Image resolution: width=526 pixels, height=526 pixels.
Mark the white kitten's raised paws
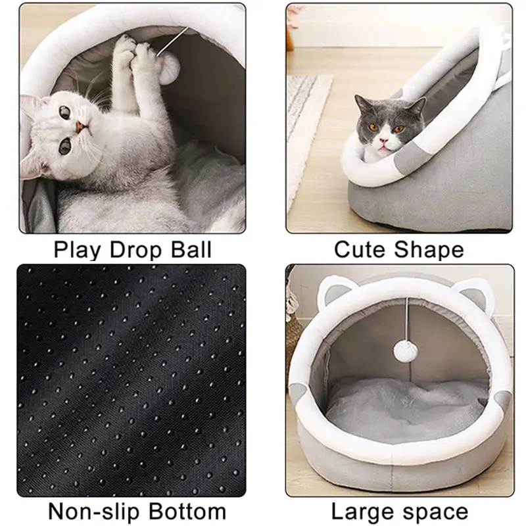[135, 56]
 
